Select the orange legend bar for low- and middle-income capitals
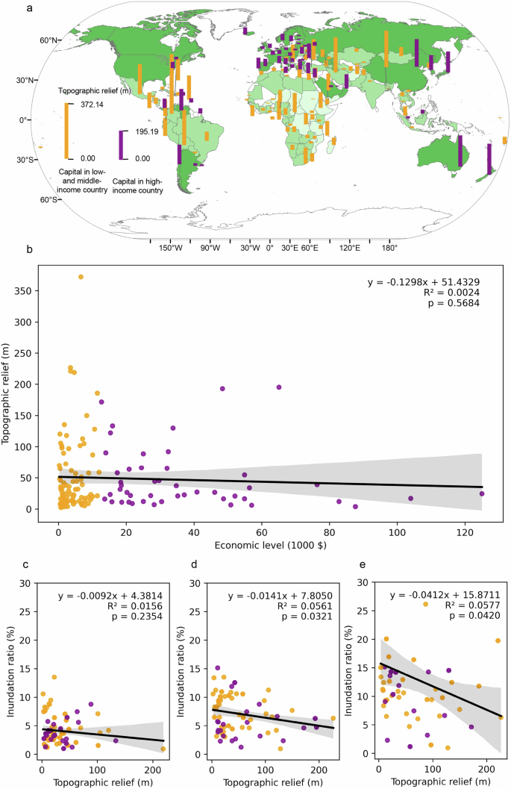(66, 131)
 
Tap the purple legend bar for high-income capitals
(122, 144)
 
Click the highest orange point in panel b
(81, 277)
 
